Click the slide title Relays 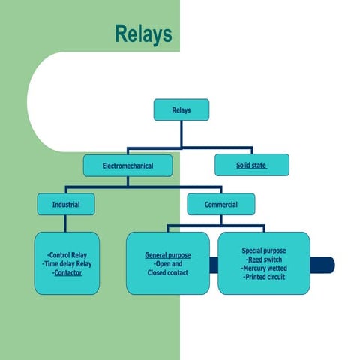click(x=143, y=34)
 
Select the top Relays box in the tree click(x=181, y=110)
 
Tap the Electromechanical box click(x=127, y=166)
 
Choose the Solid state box click(x=251, y=166)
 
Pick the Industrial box click(x=66, y=204)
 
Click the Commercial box click(x=220, y=204)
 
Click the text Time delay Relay click(x=67, y=264)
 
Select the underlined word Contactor click(x=67, y=273)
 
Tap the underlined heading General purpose click(x=167, y=255)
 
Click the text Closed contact click(x=167, y=273)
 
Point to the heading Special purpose click(x=263, y=250)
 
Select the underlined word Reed click(x=254, y=259)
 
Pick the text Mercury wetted click(x=264, y=268)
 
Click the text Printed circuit click(x=264, y=277)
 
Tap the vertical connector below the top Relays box click(x=181, y=133)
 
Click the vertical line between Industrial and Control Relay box click(x=66, y=223)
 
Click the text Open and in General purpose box click(x=167, y=264)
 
